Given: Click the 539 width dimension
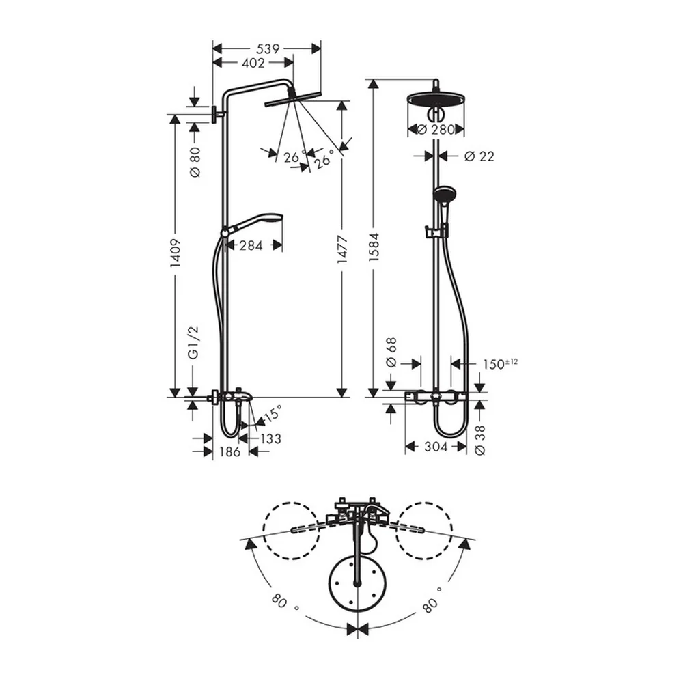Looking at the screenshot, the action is pyautogui.click(x=268, y=48).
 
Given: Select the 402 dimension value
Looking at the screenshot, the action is pyautogui.click(x=253, y=63).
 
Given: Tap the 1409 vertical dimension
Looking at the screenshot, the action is pyautogui.click(x=175, y=253).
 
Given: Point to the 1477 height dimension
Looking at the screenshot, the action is pyautogui.click(x=342, y=249).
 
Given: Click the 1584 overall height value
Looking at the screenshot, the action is pyautogui.click(x=374, y=247).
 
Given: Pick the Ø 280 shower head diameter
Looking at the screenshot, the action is pyautogui.click(x=436, y=129).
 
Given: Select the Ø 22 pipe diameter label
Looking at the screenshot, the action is pyautogui.click(x=479, y=156).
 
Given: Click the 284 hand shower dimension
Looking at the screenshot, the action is pyautogui.click(x=251, y=246).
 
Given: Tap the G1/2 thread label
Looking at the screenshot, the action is pyautogui.click(x=194, y=342).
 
